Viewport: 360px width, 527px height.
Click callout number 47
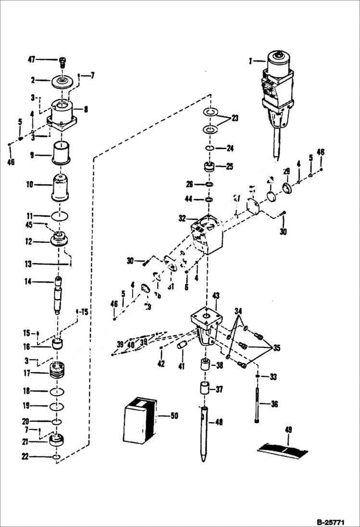(x=31, y=60)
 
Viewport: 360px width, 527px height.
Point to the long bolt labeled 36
(x=259, y=404)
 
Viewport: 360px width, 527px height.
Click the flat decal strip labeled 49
(x=283, y=449)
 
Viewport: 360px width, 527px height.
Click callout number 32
(x=182, y=218)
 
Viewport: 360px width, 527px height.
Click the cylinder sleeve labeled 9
(x=61, y=154)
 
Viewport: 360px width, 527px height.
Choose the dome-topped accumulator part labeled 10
(x=61, y=189)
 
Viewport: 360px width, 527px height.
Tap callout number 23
(x=235, y=118)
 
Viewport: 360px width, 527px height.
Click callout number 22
(x=25, y=457)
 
